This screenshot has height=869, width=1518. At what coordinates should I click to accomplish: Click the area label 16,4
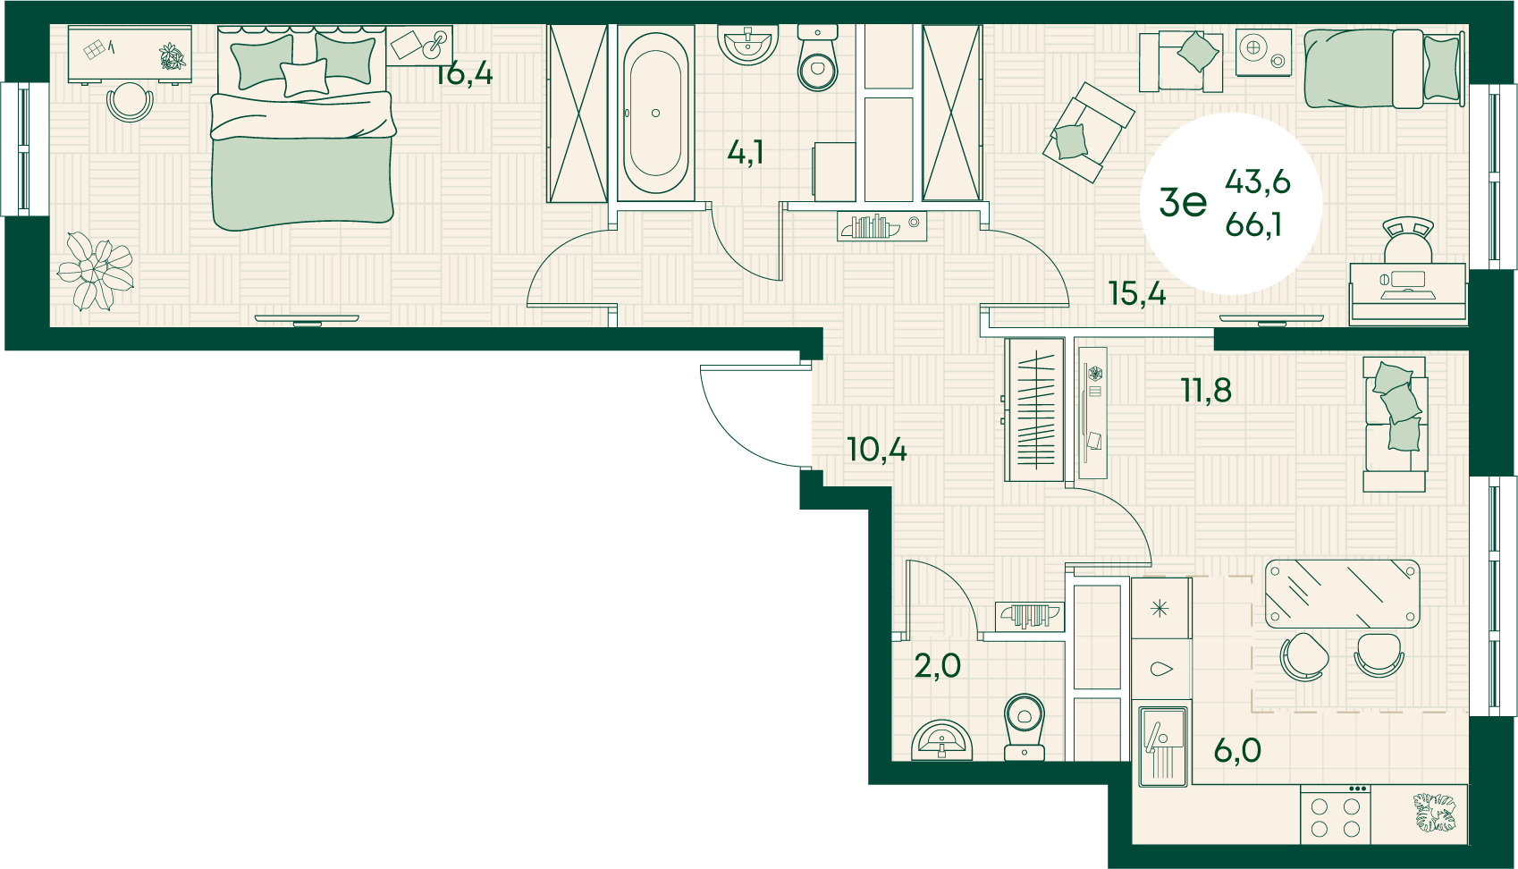(x=464, y=73)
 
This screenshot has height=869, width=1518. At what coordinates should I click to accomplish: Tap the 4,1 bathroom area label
(x=746, y=153)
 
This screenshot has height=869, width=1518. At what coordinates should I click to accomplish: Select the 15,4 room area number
(x=1137, y=293)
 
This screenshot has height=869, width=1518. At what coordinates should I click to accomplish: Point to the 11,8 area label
(x=1206, y=390)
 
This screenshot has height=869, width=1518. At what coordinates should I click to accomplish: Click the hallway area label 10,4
(x=877, y=450)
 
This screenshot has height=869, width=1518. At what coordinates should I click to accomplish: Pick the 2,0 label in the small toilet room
(x=937, y=666)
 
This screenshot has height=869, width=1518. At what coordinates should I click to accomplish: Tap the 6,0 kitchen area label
(x=1237, y=750)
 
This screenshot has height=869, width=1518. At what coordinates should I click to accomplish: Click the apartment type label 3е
(x=1183, y=202)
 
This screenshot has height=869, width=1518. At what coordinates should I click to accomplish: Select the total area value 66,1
(x=1253, y=224)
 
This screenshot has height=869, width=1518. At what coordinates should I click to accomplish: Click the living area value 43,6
(x=1258, y=181)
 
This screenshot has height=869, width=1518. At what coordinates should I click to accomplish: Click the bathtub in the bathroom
(x=655, y=114)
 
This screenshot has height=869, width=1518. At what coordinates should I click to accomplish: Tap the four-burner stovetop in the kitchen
(x=1335, y=816)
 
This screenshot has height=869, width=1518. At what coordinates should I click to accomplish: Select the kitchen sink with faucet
(x=1163, y=747)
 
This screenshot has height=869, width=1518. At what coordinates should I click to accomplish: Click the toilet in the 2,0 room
(x=1024, y=726)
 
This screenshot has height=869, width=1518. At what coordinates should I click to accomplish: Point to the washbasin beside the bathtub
(x=747, y=45)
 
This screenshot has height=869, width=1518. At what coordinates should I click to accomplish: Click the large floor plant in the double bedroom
(x=96, y=271)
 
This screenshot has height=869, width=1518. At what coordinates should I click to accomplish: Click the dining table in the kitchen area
(x=1342, y=594)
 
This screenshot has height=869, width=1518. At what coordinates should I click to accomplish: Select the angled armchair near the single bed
(x=1088, y=132)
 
